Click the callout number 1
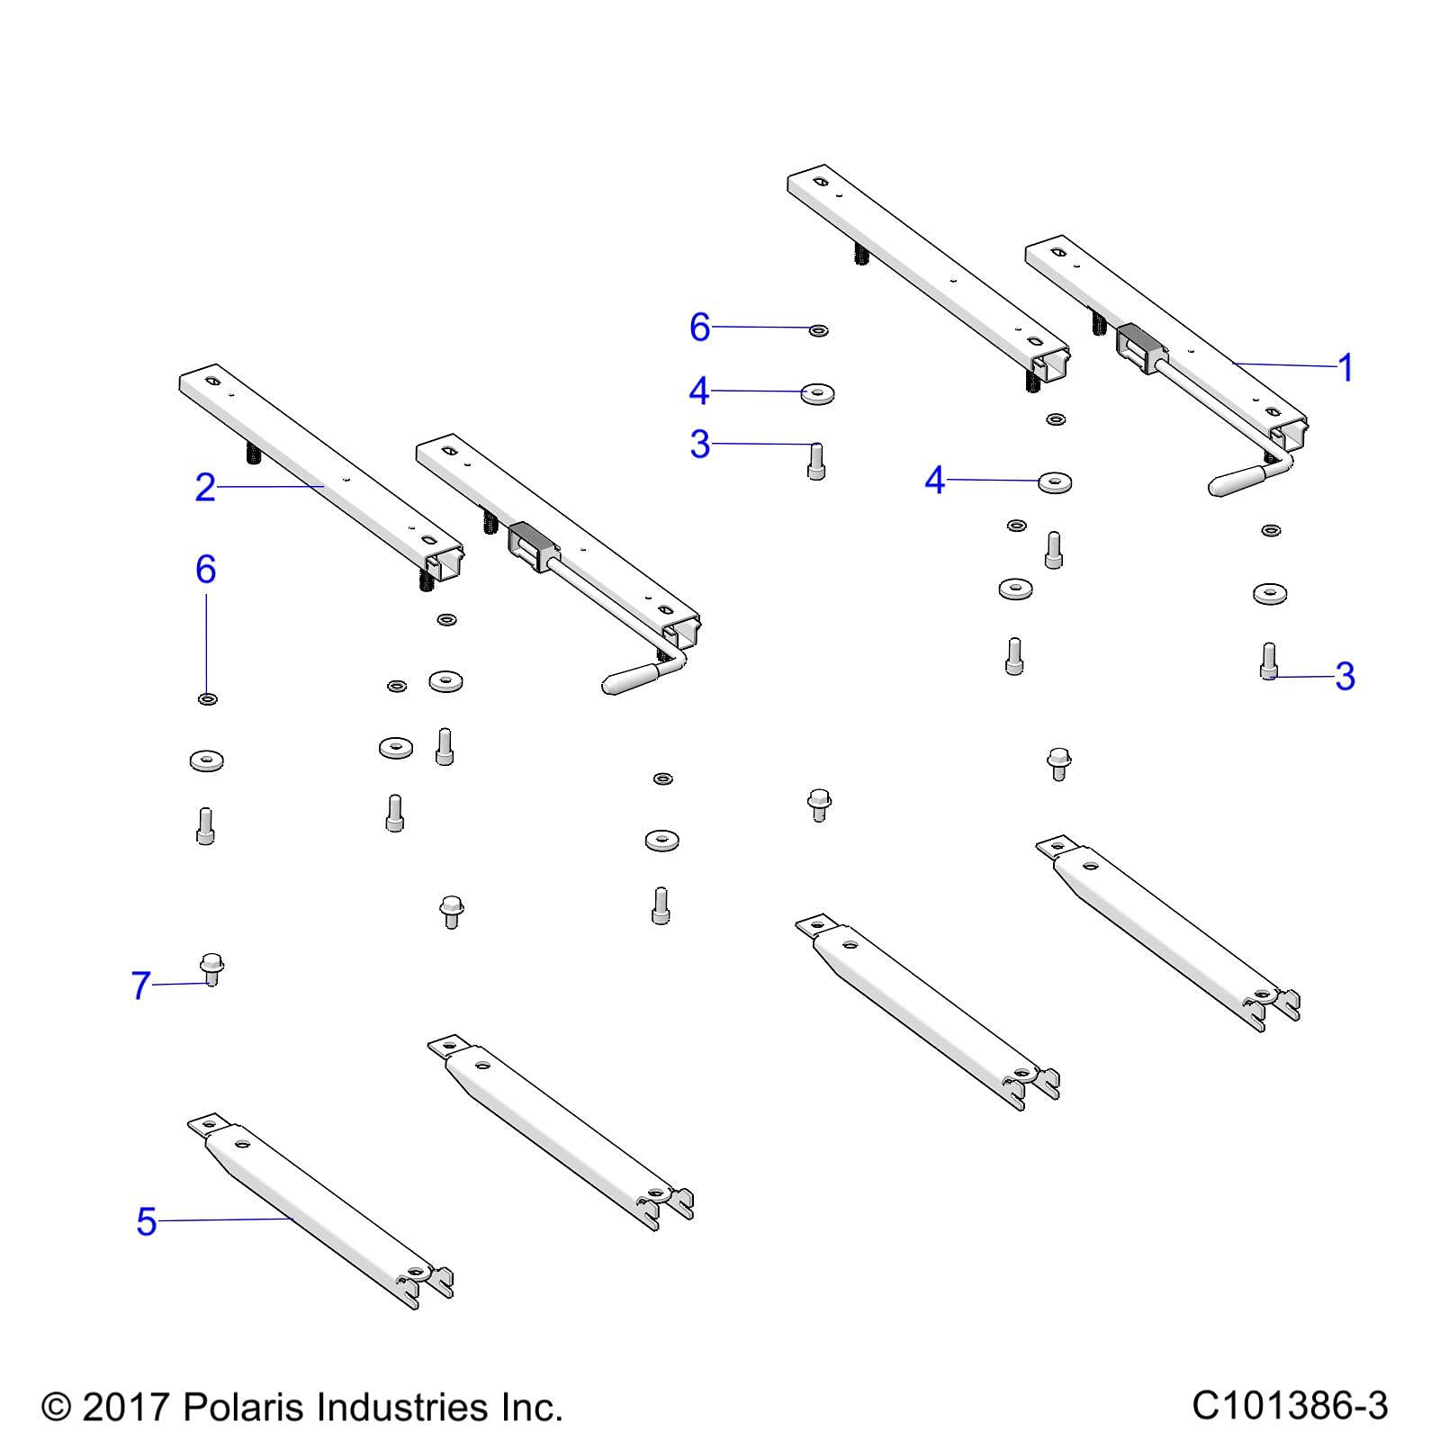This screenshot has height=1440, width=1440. tap(1345, 367)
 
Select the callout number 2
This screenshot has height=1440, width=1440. tap(205, 487)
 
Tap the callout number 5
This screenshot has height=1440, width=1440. tap(147, 1221)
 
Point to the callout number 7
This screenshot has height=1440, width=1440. tap(141, 985)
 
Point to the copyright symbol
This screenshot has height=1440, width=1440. tap(56, 1407)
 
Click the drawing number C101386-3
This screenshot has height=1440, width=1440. tap(1290, 1405)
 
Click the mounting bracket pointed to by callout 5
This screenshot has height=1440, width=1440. tap(320, 1210)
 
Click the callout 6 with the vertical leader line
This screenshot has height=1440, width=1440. tap(206, 569)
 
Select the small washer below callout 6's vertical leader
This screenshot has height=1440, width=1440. tap(207, 698)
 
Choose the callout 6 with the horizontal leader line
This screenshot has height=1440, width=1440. tap(700, 327)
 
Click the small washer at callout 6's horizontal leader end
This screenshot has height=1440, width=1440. tap(818, 330)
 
